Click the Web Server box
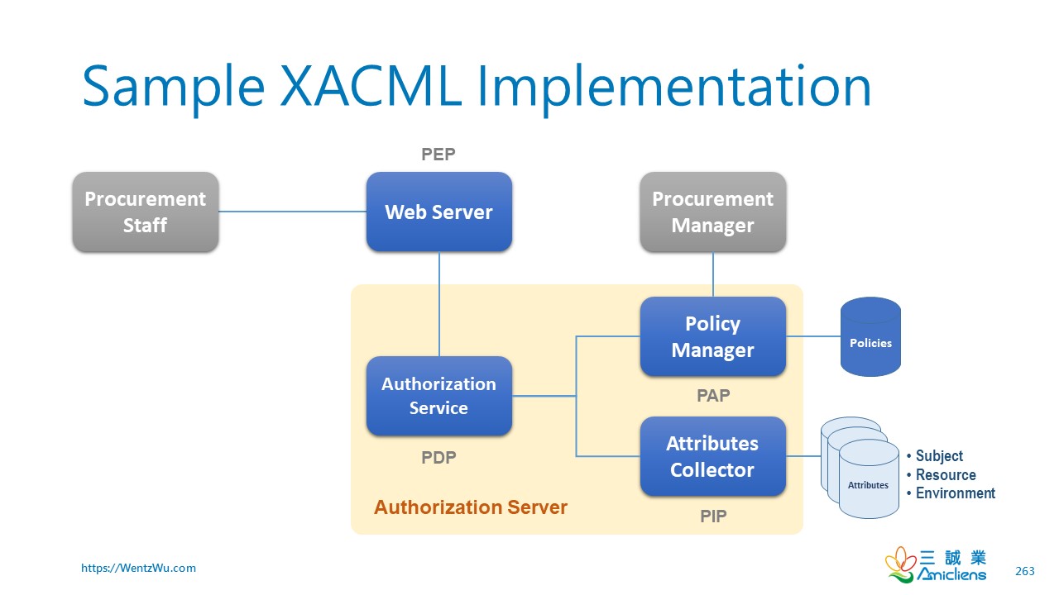coord(438,212)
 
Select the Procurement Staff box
coord(145,212)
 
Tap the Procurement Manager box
coord(712,212)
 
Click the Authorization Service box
coord(438,396)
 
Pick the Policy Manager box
coord(712,336)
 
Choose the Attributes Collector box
coord(712,456)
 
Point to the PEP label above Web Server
coord(438,154)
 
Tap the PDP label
coord(438,458)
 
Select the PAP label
coord(712,396)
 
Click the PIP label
coord(712,516)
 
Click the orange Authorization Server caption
coord(470,507)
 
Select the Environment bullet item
coord(955,493)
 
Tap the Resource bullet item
coord(945,475)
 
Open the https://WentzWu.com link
coord(138,568)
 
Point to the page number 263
coord(1024,571)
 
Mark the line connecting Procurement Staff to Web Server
coord(292,212)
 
